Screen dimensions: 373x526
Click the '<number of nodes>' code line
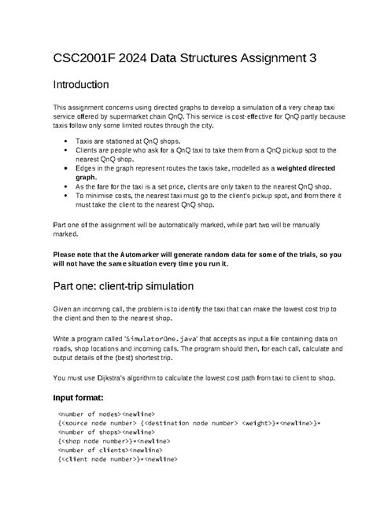pos(107,412)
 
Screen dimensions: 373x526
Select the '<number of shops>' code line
pos(107,431)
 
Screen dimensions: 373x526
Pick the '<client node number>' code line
pos(117,458)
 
